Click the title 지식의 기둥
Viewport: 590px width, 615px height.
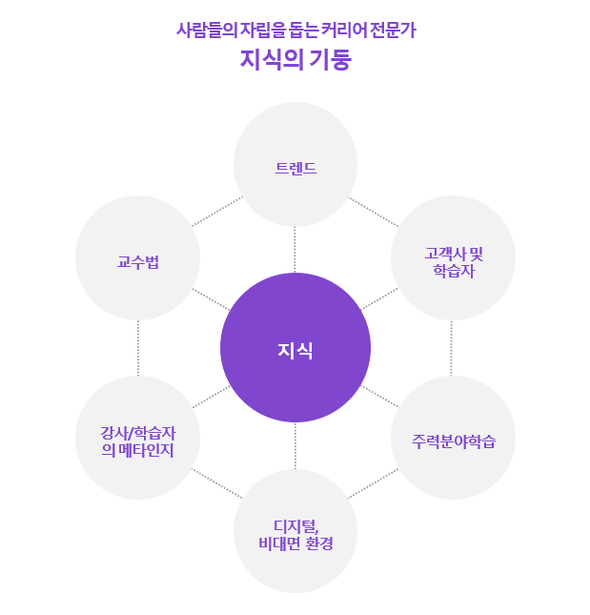295,60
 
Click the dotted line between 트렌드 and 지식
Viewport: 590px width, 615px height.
295,249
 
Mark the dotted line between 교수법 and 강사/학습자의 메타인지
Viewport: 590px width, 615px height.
137,347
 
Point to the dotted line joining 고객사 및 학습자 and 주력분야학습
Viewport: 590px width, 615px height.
452,347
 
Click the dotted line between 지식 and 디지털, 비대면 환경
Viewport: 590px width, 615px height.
295,445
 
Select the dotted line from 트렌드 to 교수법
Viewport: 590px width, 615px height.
217,212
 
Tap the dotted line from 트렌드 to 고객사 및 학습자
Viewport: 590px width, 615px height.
373,212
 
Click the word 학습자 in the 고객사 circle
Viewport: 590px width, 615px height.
453,271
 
